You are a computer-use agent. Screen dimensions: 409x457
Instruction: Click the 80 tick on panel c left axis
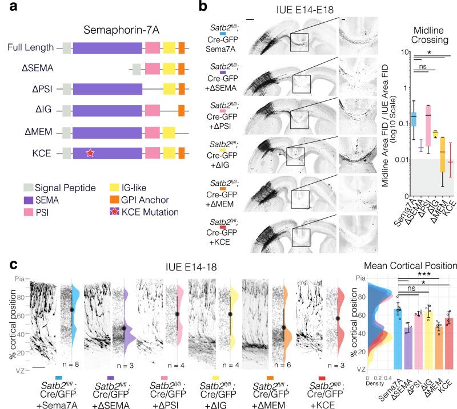point(20,295)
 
